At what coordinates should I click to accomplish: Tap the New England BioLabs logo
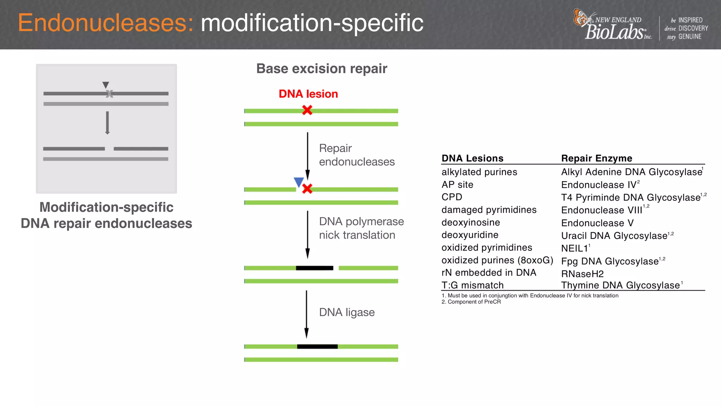613,25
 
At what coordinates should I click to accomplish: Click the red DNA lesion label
308,94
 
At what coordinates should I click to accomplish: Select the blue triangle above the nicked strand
299,182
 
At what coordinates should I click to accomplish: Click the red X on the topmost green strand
307,110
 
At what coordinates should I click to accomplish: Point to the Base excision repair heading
321,68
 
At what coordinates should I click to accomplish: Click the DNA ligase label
346,312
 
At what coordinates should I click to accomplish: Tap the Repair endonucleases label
356,155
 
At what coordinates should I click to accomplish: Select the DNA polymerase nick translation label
361,228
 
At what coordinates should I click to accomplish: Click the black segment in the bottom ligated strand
317,346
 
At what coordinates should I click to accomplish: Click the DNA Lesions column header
472,158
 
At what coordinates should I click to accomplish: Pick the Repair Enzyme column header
596,158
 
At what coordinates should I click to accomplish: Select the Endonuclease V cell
597,223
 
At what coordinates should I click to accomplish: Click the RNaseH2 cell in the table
582,274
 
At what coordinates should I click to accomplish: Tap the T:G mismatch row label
472,285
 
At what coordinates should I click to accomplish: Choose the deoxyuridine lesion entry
470,235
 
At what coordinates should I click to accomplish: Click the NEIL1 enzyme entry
575,248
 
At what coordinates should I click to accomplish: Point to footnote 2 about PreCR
471,302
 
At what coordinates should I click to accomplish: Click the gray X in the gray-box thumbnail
109,94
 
